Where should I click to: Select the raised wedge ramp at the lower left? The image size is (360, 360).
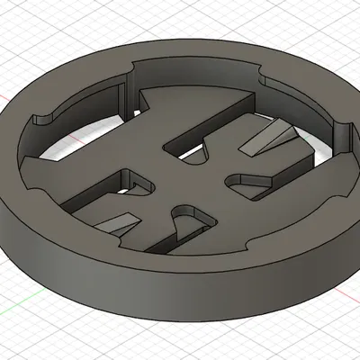click(117, 221)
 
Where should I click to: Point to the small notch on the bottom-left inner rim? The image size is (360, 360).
click(30, 184)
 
